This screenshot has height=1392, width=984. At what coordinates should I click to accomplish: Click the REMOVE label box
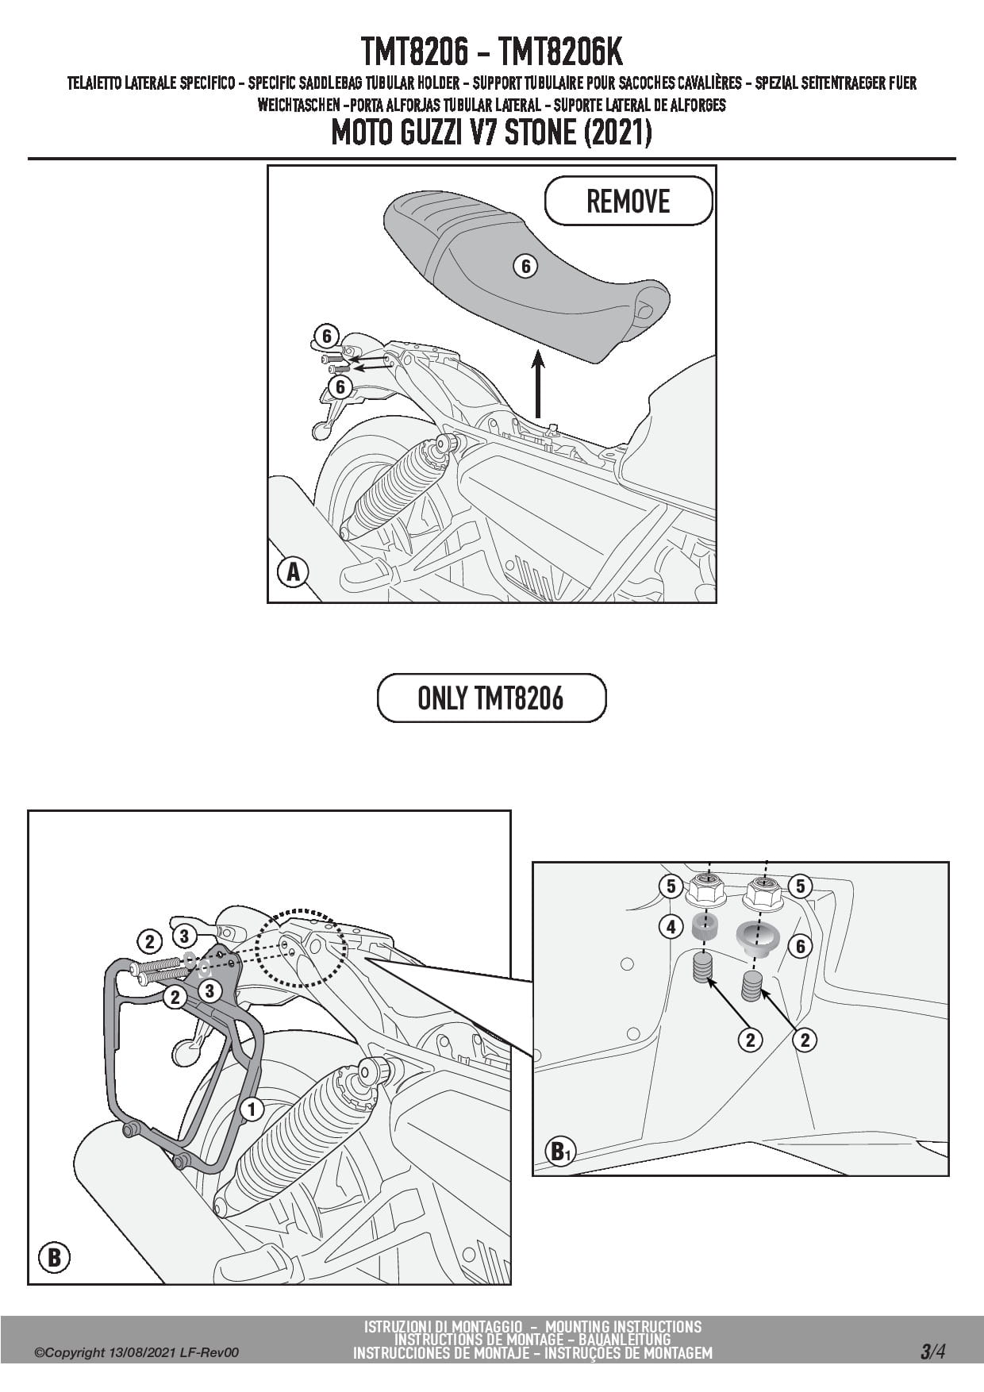point(628,201)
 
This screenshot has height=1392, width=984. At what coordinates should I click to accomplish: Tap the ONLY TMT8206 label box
point(491,698)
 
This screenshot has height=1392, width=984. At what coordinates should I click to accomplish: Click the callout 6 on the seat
point(525,267)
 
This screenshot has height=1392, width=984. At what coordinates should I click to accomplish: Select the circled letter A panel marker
point(293,571)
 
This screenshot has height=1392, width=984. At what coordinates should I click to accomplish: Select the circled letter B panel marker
point(54,1257)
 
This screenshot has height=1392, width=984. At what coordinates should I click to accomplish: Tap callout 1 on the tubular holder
point(252,1109)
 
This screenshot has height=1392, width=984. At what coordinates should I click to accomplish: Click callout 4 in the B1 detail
point(671,925)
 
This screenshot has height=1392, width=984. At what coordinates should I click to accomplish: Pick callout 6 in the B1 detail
point(800,945)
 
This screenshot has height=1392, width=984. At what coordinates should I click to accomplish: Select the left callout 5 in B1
point(671,886)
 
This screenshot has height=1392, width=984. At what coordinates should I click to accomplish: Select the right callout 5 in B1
point(800,886)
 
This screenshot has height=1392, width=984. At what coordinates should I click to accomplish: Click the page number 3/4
point(932,1352)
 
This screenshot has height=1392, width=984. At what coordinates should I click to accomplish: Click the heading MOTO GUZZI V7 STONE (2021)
point(491,133)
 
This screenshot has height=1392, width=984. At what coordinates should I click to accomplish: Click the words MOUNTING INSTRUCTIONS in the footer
point(623,1326)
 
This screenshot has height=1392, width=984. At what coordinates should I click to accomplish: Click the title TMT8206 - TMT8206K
point(492,52)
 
